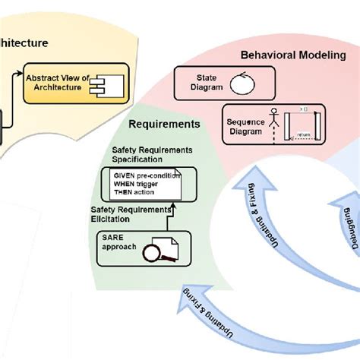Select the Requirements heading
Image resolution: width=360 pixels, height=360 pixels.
pyautogui.click(x=165, y=123)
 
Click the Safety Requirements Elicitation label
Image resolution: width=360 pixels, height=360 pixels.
pyautogui.click(x=131, y=214)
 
